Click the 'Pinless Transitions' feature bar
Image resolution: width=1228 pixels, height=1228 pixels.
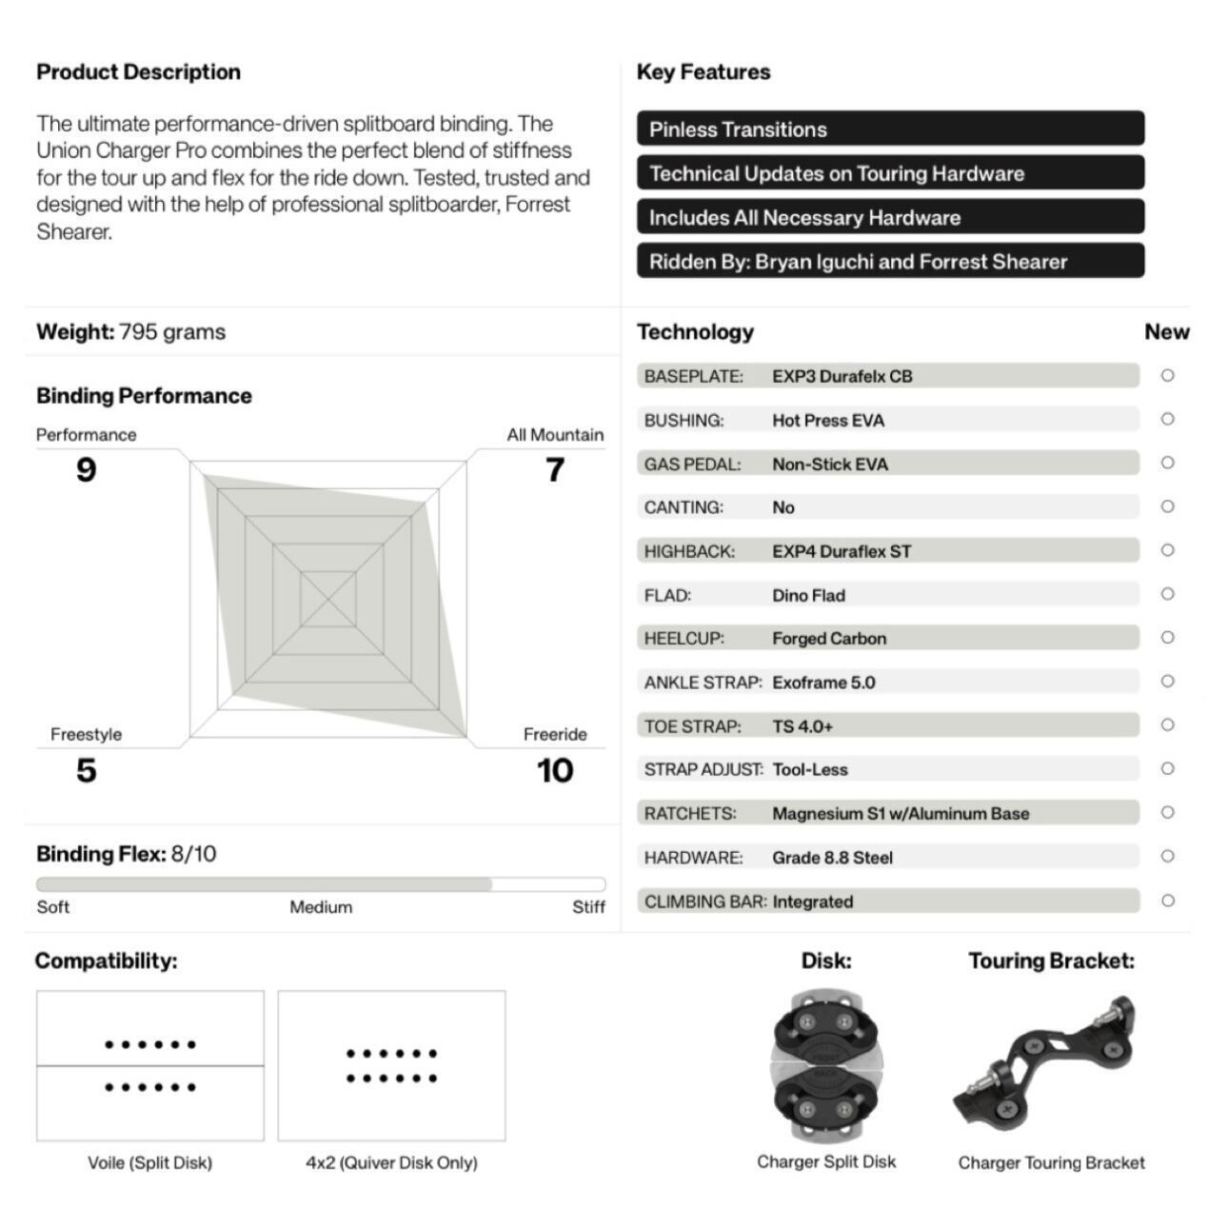(890, 129)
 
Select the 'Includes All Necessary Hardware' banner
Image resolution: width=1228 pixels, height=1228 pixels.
(890, 217)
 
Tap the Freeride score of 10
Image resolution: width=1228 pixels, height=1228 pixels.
(555, 770)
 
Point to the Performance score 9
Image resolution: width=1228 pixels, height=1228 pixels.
(86, 469)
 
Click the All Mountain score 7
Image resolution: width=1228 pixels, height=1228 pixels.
(555, 469)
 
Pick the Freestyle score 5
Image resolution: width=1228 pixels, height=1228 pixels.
(86, 770)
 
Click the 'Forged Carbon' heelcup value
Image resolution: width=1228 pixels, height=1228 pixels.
(829, 639)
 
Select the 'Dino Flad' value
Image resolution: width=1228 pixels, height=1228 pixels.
(808, 595)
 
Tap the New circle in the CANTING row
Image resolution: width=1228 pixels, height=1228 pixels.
(1167, 506)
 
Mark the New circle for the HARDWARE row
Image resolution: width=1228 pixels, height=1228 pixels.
(1167, 856)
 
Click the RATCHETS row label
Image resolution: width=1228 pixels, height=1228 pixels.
(690, 814)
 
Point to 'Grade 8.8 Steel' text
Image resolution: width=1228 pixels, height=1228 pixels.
(832, 858)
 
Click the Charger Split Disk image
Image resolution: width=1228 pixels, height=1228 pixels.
(825, 1066)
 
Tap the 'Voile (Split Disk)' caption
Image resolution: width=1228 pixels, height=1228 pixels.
(149, 1162)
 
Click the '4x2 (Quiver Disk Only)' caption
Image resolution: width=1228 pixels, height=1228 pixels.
(391, 1162)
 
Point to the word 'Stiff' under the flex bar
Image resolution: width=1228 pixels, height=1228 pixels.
(588, 907)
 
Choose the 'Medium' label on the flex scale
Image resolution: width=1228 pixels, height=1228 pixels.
(321, 907)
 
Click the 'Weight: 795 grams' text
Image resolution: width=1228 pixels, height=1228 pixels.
(131, 332)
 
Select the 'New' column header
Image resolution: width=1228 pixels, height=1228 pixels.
(1166, 332)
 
